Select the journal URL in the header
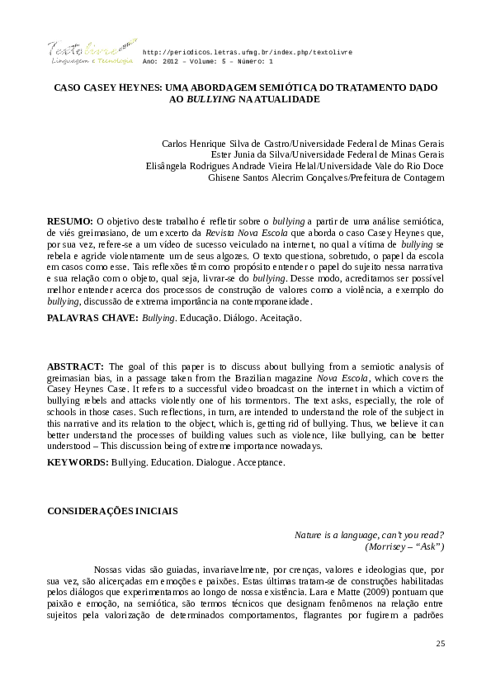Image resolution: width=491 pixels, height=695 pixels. pyautogui.click(x=248, y=51)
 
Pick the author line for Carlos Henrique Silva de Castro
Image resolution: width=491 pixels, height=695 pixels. pyautogui.click(x=302, y=143)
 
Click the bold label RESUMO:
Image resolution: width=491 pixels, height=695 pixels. pyautogui.click(x=70, y=222)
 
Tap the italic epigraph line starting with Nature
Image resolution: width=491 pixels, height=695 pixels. pyautogui.click(x=370, y=535)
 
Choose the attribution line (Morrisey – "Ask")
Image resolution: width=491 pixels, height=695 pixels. pyautogui.click(x=404, y=546)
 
